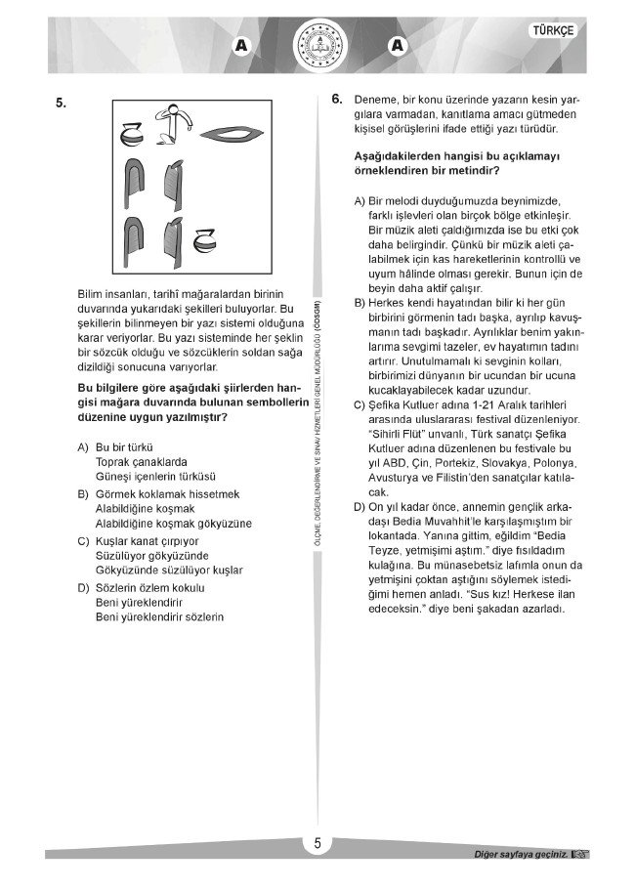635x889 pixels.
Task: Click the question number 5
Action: point(61,102)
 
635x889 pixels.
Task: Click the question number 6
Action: point(336,99)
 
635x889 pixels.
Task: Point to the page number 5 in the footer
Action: point(317,846)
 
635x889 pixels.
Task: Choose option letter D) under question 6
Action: point(360,508)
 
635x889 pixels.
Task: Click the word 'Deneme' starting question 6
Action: point(375,100)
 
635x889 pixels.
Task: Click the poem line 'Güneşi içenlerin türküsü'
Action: point(154,476)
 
